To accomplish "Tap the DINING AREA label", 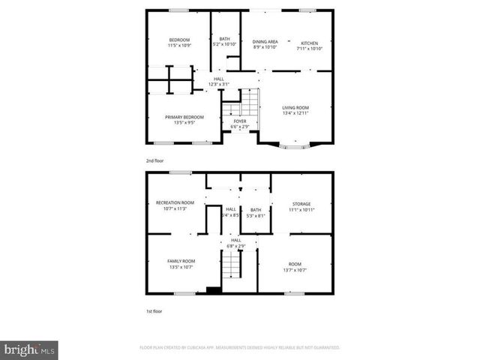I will (x=265, y=43).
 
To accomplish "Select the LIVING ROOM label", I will (x=295, y=108).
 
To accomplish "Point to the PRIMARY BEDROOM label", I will (x=184, y=117).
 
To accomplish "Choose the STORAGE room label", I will (x=300, y=203).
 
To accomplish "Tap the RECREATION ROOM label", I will (x=175, y=202).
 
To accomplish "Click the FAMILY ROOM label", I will (x=181, y=260).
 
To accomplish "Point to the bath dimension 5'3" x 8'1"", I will (x=256, y=216).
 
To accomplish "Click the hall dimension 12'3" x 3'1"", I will (x=219, y=84).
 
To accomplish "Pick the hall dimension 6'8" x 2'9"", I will (x=235, y=246).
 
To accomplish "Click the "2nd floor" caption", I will (x=155, y=160).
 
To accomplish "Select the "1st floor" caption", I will (x=154, y=310).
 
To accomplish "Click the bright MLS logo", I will (x=30, y=349).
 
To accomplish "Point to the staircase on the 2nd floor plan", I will (x=250, y=102).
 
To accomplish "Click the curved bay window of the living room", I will (x=294, y=147).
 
